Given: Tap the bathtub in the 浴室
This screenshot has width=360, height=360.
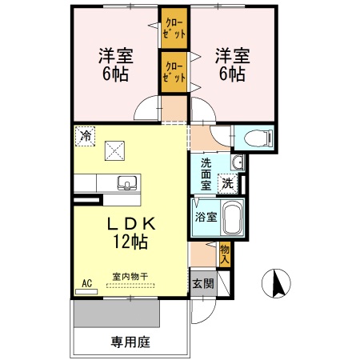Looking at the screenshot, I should (x=231, y=217).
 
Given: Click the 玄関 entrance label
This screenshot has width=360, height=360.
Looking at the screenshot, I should (x=202, y=284).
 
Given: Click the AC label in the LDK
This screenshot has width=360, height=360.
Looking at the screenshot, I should (x=86, y=282).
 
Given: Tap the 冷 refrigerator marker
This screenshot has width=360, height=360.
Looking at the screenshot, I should (x=85, y=135).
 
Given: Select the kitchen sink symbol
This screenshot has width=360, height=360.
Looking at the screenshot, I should (x=126, y=183).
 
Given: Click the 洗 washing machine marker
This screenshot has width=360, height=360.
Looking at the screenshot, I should (x=227, y=182).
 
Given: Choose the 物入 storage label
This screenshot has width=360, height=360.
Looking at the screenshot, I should (x=225, y=254).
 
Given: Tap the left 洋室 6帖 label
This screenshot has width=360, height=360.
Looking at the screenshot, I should (x=116, y=65).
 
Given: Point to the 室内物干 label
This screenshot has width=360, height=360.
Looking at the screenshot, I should (x=130, y=277).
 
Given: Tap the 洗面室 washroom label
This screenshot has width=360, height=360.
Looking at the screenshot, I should (x=206, y=174).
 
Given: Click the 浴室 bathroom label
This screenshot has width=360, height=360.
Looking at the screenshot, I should (x=205, y=217).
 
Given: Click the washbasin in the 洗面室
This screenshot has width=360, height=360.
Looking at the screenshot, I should (x=236, y=164).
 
